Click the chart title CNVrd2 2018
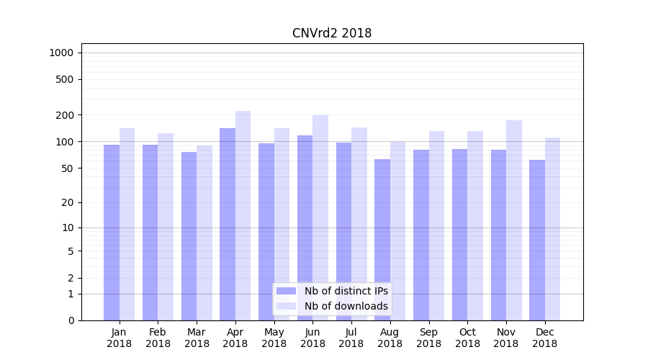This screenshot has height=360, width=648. coord(332,33)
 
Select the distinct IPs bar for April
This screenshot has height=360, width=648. coord(228,223)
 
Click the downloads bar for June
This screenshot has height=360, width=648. coord(320,216)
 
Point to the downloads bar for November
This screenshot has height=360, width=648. coord(513,220)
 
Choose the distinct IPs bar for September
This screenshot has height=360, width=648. coord(421,234)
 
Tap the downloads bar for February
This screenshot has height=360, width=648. coord(166,226)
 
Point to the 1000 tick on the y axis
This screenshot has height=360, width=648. coord(60,53)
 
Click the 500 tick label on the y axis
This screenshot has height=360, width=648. coord(66,79)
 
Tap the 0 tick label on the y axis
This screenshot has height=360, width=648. coord(71,320)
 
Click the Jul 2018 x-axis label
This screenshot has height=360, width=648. coord(351,338)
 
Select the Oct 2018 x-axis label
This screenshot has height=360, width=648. coord(467,338)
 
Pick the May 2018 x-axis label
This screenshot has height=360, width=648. coord(274,338)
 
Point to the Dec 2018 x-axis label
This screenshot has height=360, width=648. coord(545,338)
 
